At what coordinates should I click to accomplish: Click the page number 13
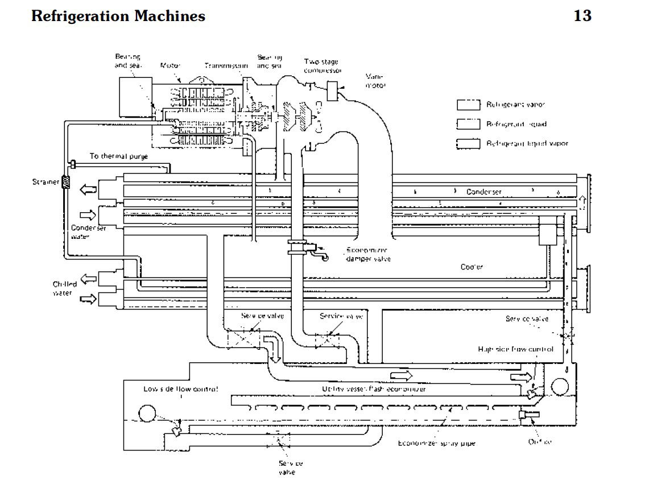pyautogui.click(x=582, y=16)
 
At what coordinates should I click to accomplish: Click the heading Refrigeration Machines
pyautogui.click(x=118, y=16)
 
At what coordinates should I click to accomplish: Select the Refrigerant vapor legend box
pyautogui.click(x=468, y=105)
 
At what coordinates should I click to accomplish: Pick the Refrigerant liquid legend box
pyautogui.click(x=468, y=124)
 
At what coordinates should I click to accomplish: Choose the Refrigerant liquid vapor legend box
pyautogui.click(x=468, y=143)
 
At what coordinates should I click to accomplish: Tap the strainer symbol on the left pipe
pyautogui.click(x=65, y=182)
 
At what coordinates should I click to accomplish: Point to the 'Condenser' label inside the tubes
pyautogui.click(x=484, y=192)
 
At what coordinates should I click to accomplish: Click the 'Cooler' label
pyautogui.click(x=472, y=267)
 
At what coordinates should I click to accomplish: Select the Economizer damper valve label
pyautogui.click(x=368, y=254)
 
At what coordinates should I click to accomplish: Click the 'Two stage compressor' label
pyautogui.click(x=323, y=66)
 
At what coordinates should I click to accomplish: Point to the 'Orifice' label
pyautogui.click(x=540, y=441)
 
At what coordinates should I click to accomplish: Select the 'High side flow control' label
pyautogui.click(x=515, y=349)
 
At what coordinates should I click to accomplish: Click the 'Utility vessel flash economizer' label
pyautogui.click(x=373, y=389)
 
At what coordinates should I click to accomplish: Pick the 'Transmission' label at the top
pyautogui.click(x=226, y=66)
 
